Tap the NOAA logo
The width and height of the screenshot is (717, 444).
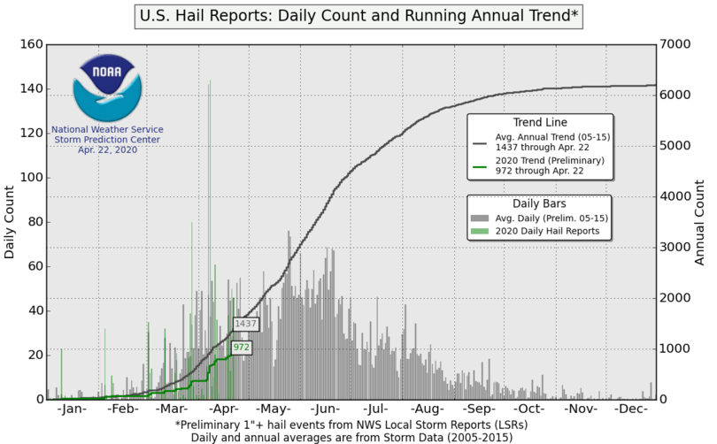106,87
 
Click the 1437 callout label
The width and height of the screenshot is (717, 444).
245,325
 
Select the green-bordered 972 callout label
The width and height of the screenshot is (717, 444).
241,348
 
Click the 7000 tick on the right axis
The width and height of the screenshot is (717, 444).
678,44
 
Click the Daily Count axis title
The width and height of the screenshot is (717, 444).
10,222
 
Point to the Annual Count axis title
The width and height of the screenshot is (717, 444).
700,222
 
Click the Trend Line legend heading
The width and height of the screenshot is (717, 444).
540,121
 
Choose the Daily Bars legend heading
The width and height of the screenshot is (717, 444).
540,202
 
